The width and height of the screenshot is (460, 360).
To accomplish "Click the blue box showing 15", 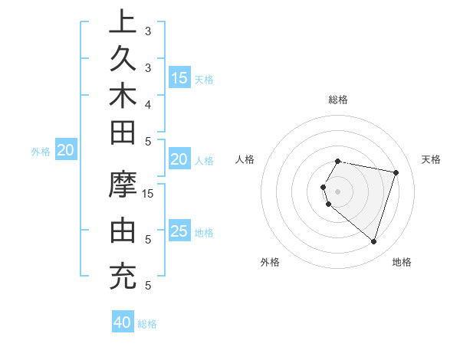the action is tap(179, 77).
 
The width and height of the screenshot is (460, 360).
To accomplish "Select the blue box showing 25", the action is tap(179, 231).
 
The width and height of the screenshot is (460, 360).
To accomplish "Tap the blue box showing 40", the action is tap(123, 322).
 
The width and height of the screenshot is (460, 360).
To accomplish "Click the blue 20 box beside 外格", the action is tap(66, 151).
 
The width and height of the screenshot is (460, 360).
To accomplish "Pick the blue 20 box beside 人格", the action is tap(179, 159).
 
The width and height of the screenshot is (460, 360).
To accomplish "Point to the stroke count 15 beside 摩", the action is tap(149, 194).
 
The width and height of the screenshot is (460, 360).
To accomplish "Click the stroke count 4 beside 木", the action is tap(148, 103).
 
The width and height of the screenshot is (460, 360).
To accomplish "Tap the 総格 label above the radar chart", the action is tap(338, 100).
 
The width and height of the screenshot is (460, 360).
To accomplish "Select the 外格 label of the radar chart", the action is tap(269, 262).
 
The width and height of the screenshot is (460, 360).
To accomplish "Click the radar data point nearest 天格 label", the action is tap(396, 173).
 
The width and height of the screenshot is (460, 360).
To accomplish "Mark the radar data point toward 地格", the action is tap(373, 242).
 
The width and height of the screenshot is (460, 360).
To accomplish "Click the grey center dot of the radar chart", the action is tap(338, 191).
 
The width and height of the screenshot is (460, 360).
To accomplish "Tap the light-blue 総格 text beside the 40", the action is tap(148, 324).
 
